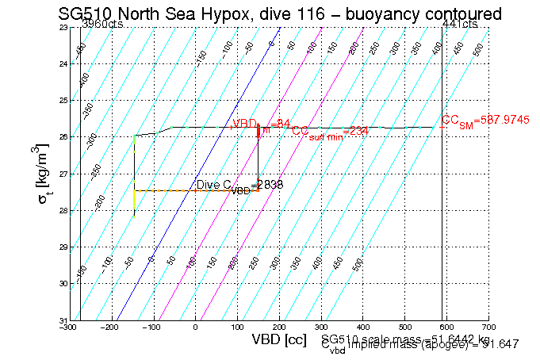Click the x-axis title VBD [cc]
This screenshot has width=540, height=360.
[x=278, y=340]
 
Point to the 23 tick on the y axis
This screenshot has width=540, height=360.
[x=63, y=27]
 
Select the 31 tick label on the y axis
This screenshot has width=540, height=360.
[x=63, y=320]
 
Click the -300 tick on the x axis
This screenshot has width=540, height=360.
[x=71, y=326]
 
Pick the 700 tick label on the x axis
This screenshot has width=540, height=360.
[x=488, y=326]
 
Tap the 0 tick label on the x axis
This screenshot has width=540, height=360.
[x=196, y=326]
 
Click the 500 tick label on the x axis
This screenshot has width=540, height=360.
[x=405, y=326]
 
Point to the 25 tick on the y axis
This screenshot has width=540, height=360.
[x=63, y=101]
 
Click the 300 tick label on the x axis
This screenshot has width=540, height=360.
[x=321, y=326]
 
